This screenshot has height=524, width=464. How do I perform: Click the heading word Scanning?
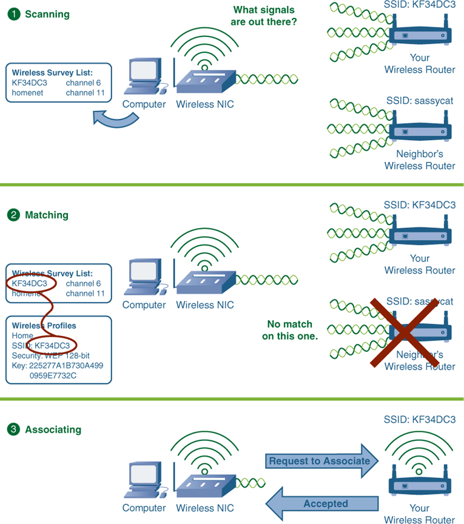47,14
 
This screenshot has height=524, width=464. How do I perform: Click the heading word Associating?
53,429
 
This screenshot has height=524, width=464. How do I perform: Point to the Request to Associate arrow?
321,461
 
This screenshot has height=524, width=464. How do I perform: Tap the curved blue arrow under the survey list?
117,118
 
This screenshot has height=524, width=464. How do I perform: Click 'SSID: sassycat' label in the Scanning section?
419,100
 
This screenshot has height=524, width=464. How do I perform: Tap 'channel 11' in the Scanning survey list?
85,93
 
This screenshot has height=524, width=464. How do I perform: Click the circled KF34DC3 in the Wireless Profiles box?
52,345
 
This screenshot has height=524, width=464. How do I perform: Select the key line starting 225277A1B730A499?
57,365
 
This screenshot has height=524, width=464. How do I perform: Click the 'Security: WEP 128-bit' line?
51,355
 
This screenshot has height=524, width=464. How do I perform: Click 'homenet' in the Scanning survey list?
27,93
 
